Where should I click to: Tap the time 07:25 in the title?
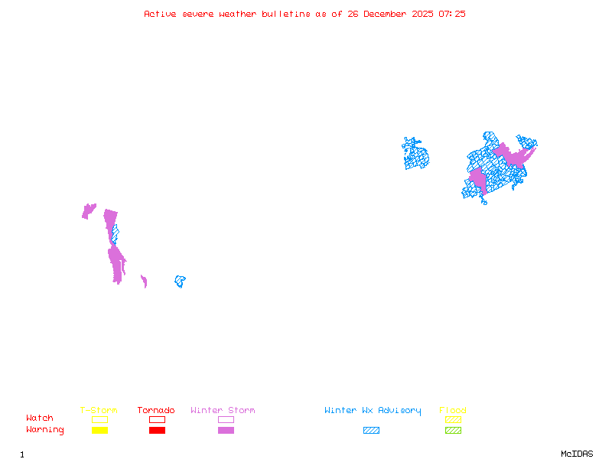452,14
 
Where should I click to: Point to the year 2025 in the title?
422,14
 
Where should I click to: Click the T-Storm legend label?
99,411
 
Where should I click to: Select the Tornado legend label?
156,411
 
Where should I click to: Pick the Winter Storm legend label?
223,411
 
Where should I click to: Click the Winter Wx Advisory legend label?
373,411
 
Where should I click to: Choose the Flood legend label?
453,411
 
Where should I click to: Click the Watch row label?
40,418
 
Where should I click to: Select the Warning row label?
45,430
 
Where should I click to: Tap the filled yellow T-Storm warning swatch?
99,431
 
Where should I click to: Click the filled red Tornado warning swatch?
157,431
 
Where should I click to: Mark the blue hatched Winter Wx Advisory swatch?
371,431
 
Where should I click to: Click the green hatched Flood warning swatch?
453,431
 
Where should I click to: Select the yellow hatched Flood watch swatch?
453,419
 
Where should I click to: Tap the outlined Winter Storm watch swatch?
226,419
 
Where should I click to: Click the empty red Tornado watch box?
157,419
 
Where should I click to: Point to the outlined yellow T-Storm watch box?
99,419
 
